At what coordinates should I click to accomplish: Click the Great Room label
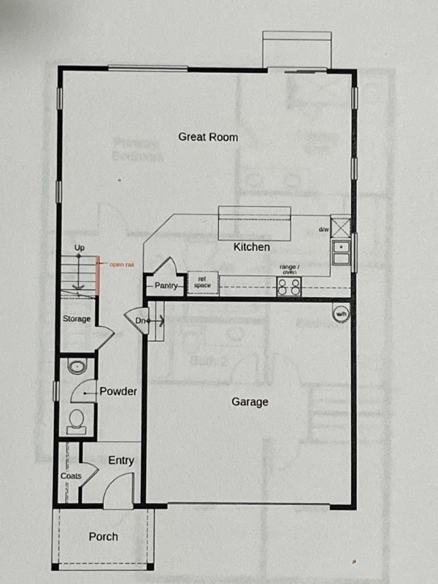(x=208, y=137)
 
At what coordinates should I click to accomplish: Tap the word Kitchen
(x=251, y=247)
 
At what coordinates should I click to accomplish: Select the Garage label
(x=250, y=401)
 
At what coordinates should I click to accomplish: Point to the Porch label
(x=103, y=537)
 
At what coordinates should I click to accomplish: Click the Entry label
(x=120, y=461)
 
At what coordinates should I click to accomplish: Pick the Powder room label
(x=118, y=392)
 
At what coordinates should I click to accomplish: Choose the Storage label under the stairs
(x=76, y=319)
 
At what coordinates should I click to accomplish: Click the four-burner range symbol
(x=289, y=286)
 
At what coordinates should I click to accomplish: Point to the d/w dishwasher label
(x=323, y=229)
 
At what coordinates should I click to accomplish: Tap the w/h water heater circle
(x=340, y=313)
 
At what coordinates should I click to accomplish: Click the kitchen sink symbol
(x=340, y=252)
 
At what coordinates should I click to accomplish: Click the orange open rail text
(x=121, y=264)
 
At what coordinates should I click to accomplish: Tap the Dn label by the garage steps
(x=139, y=320)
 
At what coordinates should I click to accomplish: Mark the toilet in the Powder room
(x=76, y=420)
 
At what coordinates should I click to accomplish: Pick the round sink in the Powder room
(x=76, y=366)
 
